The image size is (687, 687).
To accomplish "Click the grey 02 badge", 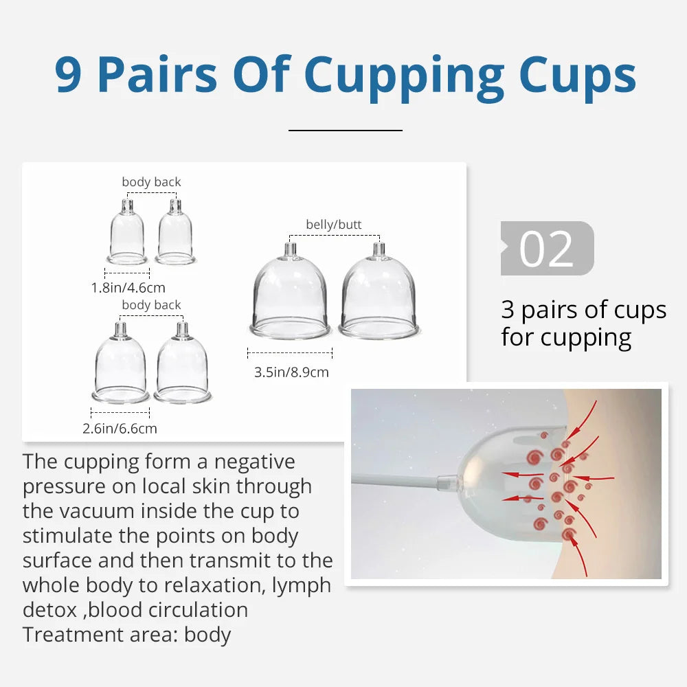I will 547,249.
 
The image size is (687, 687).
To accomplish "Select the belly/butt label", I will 333,225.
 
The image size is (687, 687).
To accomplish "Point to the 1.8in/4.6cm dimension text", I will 128,288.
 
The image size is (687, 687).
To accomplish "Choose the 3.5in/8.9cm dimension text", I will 291,372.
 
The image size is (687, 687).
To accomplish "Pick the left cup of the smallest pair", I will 127,234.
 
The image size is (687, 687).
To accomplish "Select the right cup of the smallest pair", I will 175,234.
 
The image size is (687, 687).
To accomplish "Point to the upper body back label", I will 151,182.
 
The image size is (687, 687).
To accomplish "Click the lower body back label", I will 151,305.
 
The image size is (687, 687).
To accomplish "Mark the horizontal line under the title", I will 345,129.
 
